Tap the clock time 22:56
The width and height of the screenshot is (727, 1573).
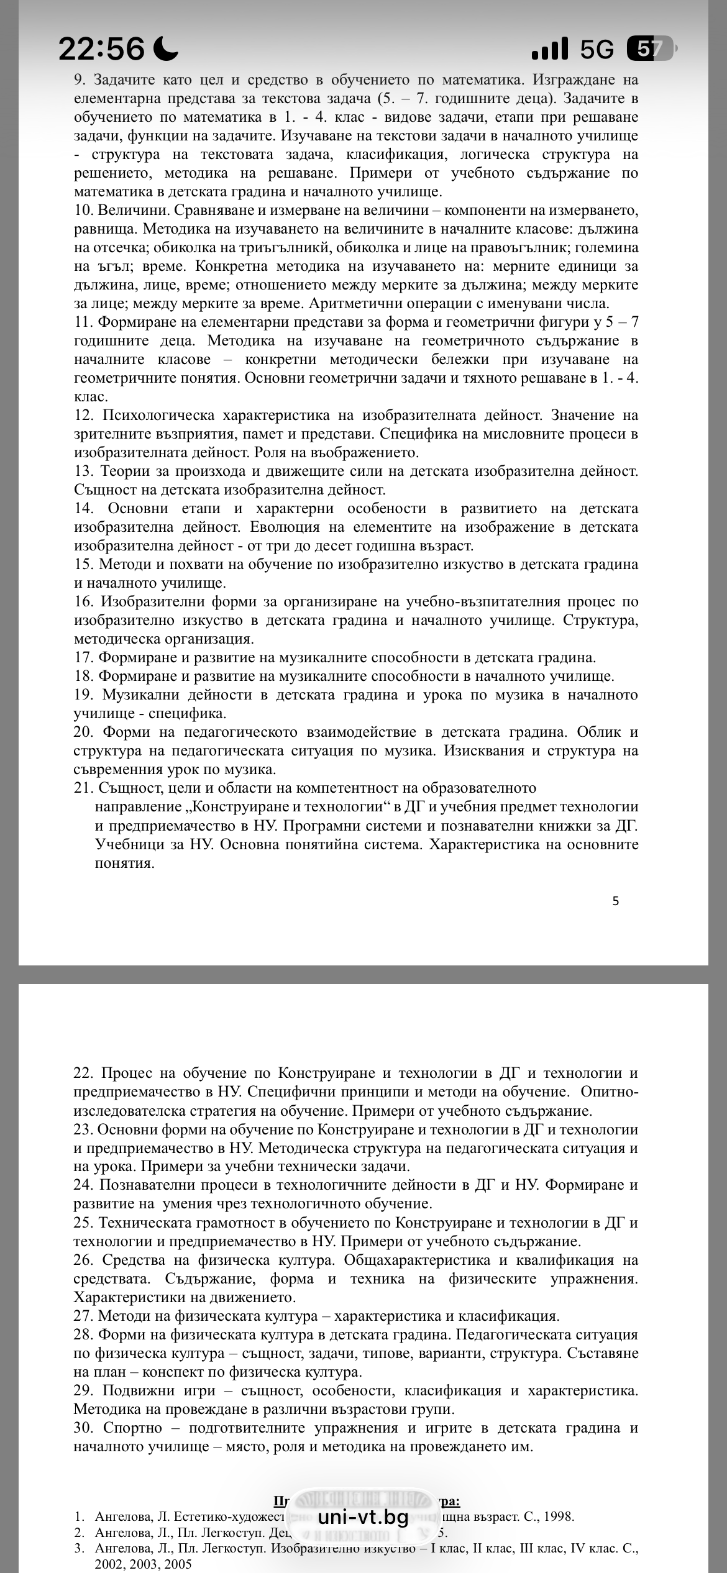101,48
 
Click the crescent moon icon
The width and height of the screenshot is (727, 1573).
165,48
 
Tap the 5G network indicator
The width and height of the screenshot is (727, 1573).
597,48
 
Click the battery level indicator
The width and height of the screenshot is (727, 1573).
650,48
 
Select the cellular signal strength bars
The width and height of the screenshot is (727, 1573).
549,48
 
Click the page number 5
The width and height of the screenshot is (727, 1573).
615,901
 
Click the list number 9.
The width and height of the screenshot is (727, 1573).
81,80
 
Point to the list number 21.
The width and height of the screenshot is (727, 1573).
83,788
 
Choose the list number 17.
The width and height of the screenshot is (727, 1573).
83,657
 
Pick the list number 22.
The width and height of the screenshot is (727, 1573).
83,1073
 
